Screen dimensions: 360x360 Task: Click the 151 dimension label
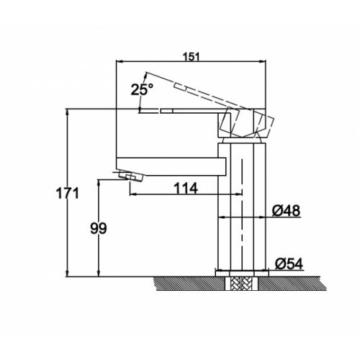pyautogui.click(x=192, y=57)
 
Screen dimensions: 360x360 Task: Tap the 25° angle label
pyautogui.click(x=142, y=90)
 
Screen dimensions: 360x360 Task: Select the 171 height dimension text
pyautogui.click(x=68, y=194)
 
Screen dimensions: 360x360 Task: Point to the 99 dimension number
pyautogui.click(x=99, y=228)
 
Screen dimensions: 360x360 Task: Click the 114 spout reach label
pyautogui.click(x=186, y=189)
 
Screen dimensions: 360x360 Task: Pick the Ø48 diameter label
pyautogui.click(x=286, y=211)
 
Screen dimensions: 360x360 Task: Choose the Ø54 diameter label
pyautogui.click(x=289, y=264)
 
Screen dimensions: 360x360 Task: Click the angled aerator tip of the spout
pyautogui.click(x=131, y=176)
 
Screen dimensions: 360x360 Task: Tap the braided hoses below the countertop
pyautogui.click(x=242, y=284)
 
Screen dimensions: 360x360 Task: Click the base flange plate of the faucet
pyautogui.click(x=242, y=274)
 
